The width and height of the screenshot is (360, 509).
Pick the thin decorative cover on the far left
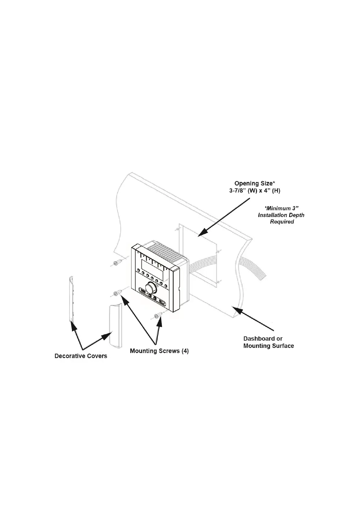(x=71, y=299)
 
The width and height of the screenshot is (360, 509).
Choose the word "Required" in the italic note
(x=282, y=222)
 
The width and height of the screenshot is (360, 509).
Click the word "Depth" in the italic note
(x=297, y=215)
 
